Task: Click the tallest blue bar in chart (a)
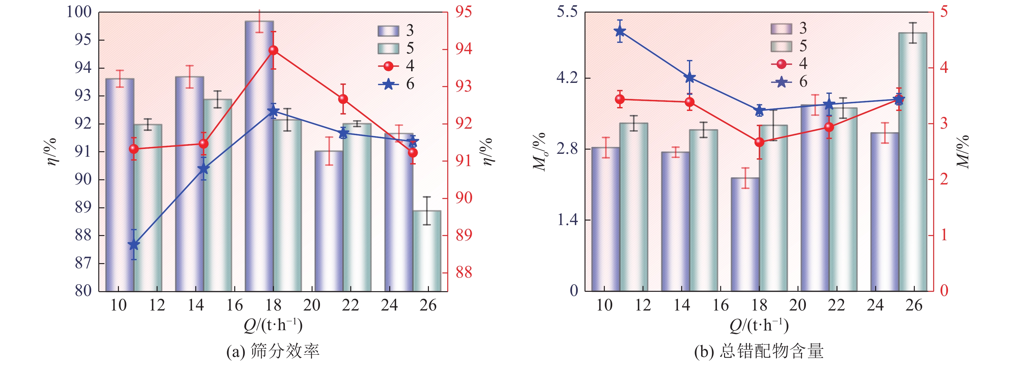259,158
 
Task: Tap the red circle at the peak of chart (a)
273,50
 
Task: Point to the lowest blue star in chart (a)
134,245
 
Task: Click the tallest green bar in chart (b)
913,162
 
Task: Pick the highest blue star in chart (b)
620,31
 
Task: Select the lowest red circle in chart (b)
759,142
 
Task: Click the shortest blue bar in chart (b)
745,234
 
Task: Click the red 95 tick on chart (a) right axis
463,12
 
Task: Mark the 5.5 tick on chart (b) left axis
566,12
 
